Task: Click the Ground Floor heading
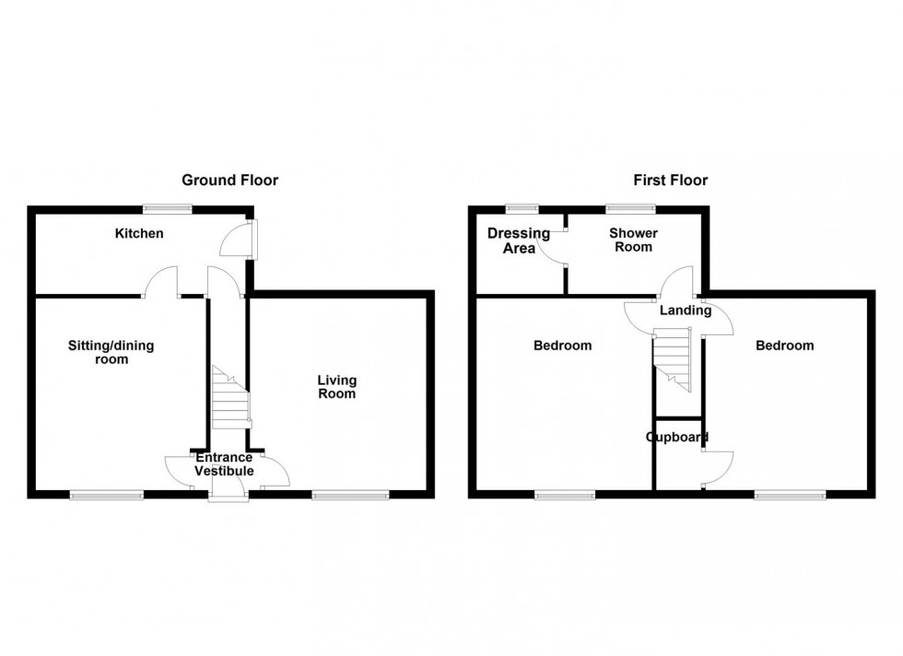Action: pos(229,181)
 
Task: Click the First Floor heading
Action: pos(670,181)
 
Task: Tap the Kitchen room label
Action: pos(139,234)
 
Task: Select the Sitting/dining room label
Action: pos(111,353)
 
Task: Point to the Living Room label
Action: pos(336,387)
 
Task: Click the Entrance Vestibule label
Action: pos(224,464)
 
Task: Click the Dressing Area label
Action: pos(519,240)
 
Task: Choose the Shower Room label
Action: pos(633,240)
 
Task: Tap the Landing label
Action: pos(685,311)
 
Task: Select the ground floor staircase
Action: pos(230,397)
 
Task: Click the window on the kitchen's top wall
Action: pos(167,209)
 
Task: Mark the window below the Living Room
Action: pos(350,496)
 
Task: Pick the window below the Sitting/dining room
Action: pos(107,496)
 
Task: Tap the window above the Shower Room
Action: pos(624,209)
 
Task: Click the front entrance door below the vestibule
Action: pos(228,497)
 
